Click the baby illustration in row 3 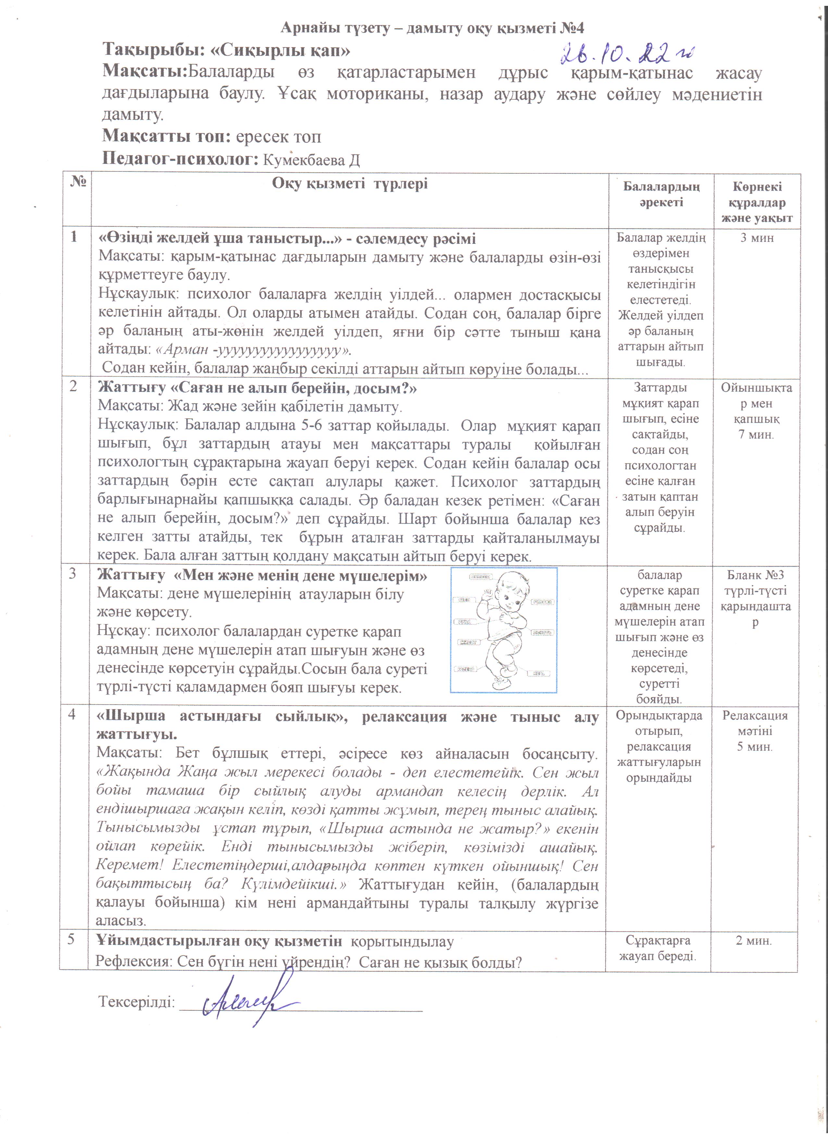tap(504, 630)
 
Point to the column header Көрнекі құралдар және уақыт tap(757, 202)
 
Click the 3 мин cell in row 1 tap(757, 238)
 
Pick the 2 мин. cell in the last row tap(754, 941)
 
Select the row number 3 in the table tap(73, 573)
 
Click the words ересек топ tap(278, 137)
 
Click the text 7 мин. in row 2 tap(756, 434)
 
